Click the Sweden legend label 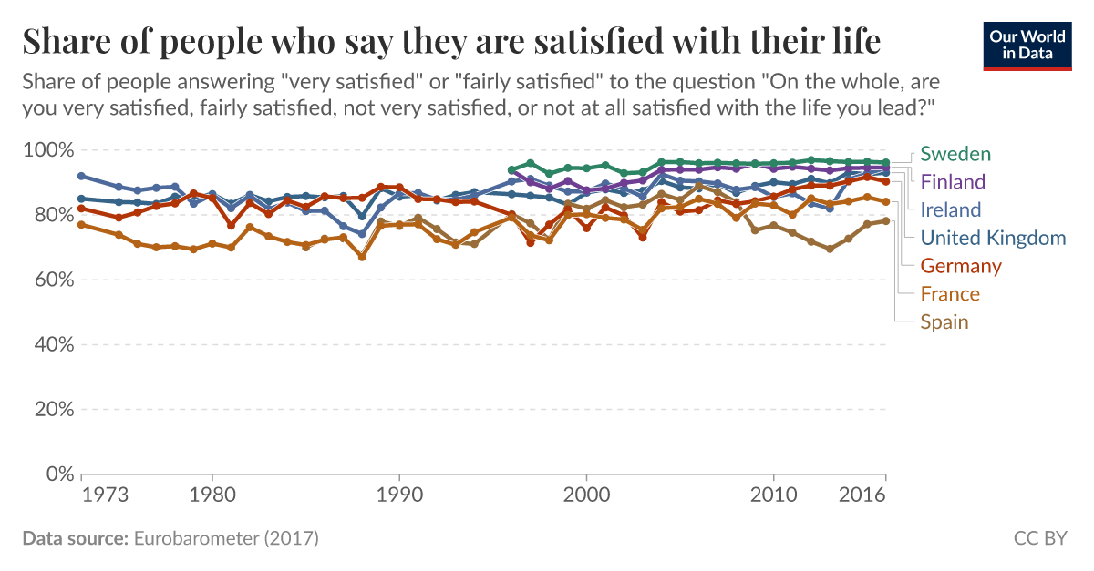pyautogui.click(x=955, y=153)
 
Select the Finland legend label pyautogui.click(x=953, y=181)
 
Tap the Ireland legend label pyautogui.click(x=951, y=209)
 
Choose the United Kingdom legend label pyautogui.click(x=993, y=238)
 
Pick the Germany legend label pyautogui.click(x=961, y=266)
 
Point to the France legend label pyautogui.click(x=950, y=294)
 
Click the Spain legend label pyautogui.click(x=944, y=322)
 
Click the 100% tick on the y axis pyautogui.click(x=47, y=149)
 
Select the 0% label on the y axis pyautogui.click(x=57, y=474)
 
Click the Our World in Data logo pyautogui.click(x=1027, y=44)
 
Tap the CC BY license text pyautogui.click(x=1040, y=539)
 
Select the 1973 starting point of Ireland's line pyautogui.click(x=82, y=176)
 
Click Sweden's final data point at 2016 pyautogui.click(x=885, y=163)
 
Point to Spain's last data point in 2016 pyautogui.click(x=885, y=220)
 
